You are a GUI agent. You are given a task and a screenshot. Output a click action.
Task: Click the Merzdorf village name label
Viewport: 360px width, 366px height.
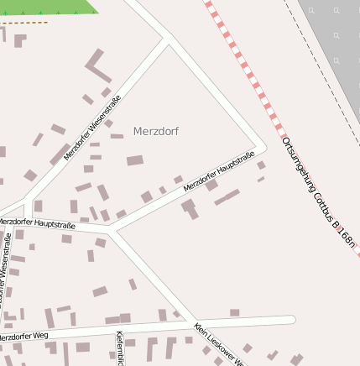(156, 132)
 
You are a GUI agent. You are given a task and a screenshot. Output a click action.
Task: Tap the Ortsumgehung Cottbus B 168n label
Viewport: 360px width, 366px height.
(320, 192)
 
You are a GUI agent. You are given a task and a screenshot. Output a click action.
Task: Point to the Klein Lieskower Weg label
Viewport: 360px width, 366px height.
(221, 345)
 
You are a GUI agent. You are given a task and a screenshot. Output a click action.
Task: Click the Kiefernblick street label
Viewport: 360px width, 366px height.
(119, 349)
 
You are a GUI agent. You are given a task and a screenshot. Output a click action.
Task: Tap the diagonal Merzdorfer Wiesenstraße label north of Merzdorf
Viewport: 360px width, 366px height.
(92, 127)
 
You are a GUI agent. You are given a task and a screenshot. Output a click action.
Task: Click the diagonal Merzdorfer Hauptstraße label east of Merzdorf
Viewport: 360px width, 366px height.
(219, 171)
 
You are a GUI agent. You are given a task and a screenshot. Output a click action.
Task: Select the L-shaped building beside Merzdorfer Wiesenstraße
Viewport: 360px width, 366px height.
(97, 65)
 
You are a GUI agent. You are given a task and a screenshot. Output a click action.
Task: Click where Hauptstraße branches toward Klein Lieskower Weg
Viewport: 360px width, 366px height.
(112, 231)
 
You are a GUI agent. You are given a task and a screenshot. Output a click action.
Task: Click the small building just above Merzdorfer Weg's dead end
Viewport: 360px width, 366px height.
(235, 312)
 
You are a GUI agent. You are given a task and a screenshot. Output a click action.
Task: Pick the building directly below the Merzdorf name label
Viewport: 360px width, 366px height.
(135, 160)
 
